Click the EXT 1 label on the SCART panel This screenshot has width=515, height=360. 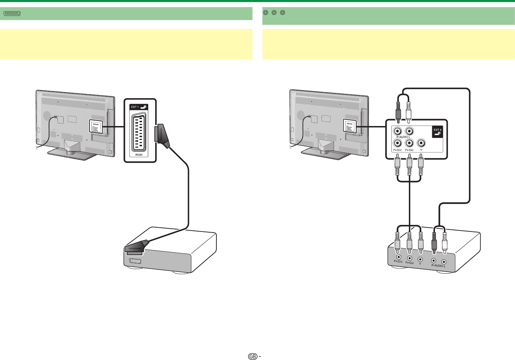point(135,107)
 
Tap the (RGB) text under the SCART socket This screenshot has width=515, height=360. point(139,154)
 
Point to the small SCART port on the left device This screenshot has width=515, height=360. point(135,261)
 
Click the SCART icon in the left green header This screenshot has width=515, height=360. point(12,14)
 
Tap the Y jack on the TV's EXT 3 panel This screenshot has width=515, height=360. point(421,143)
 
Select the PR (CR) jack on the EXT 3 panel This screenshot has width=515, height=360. point(397,143)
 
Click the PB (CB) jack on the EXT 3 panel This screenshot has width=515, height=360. point(409,143)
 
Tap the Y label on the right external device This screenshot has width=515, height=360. point(420,264)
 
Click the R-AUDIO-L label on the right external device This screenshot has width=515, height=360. point(438,266)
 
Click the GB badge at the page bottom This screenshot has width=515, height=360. point(253,357)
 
